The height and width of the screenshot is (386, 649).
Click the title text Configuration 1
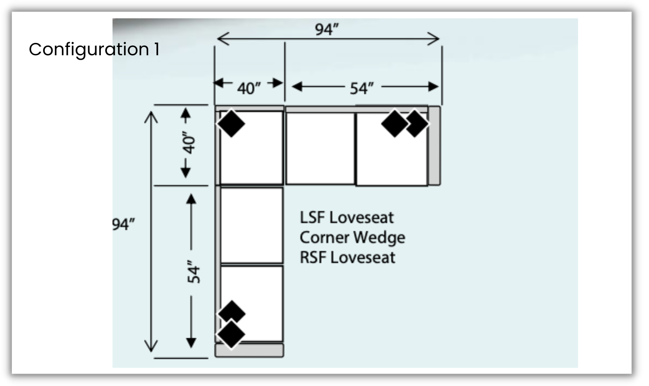point(94,49)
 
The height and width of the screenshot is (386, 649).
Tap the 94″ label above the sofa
point(327,29)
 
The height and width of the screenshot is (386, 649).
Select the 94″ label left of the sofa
point(123,224)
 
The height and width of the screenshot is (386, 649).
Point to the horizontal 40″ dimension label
point(249,89)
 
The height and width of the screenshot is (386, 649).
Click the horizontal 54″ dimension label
point(361,89)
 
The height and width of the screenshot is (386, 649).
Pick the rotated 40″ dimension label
point(189,142)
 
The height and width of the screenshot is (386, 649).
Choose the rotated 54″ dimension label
point(193,272)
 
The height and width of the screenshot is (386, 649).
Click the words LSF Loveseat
point(346,218)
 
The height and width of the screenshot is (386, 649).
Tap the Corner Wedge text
point(352,237)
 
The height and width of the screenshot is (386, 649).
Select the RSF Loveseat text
point(347,257)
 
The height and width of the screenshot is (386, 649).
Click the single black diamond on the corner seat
point(231,123)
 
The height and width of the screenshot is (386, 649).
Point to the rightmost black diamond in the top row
point(416,124)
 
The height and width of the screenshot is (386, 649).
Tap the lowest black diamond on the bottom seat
point(231,335)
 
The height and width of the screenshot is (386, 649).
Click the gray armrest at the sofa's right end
point(434,145)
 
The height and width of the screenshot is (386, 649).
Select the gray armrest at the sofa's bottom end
point(249,350)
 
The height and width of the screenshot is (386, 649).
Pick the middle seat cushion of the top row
point(320,148)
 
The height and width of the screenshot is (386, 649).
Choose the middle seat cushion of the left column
point(251,225)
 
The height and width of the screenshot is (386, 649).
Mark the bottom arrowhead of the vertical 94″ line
point(151,347)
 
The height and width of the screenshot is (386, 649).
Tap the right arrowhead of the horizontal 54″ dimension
point(434,86)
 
